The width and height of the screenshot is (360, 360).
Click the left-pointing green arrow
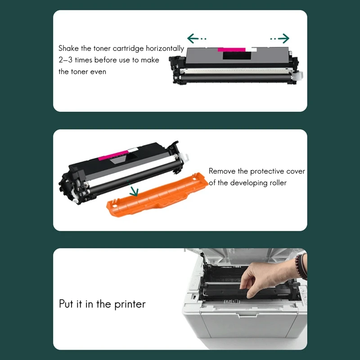tap(197, 39)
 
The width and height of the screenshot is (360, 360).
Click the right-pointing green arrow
tap(279, 39)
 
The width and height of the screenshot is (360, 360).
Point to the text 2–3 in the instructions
tap(65, 60)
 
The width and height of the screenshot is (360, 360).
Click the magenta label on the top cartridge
tap(231, 49)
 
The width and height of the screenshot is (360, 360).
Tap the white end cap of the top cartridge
tap(298, 76)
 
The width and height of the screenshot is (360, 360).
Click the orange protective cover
tap(157, 195)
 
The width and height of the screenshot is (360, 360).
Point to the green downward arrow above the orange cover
tap(133, 189)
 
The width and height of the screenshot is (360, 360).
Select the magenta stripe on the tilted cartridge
tap(113, 155)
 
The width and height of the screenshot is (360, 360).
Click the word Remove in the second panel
tap(222, 171)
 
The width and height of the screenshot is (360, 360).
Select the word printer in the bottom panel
tap(130, 305)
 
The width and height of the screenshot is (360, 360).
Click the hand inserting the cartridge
tap(266, 279)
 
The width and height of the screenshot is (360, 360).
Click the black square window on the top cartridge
tap(237, 55)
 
